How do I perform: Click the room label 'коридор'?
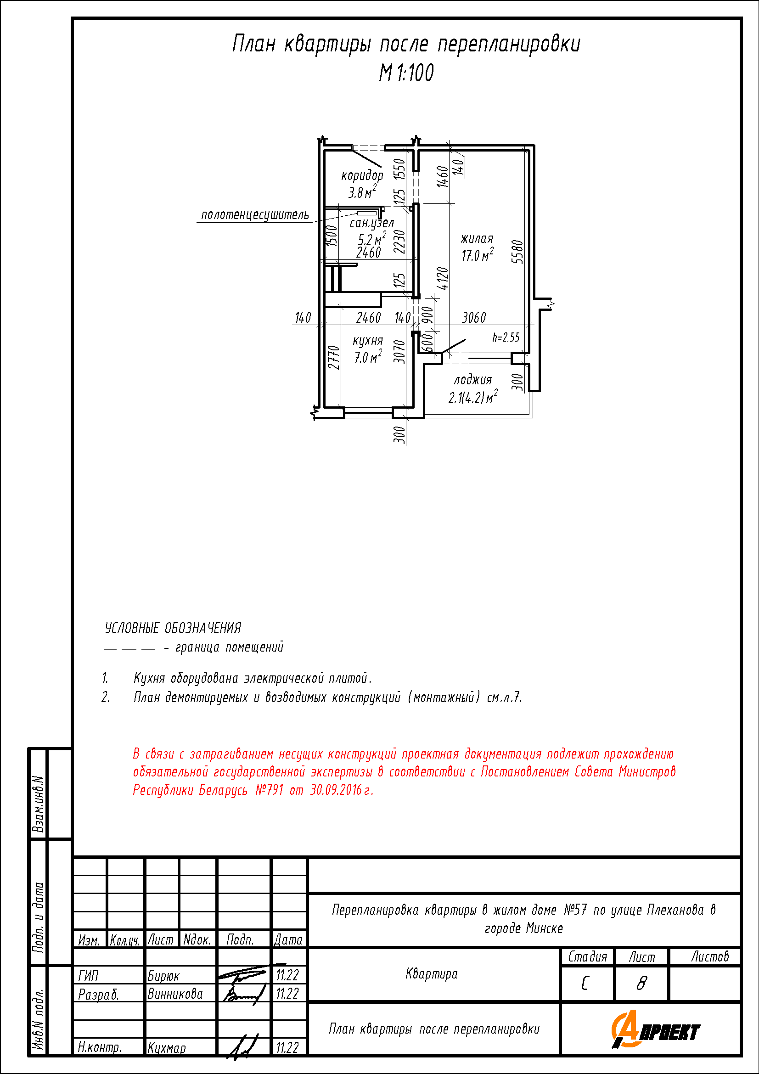362,176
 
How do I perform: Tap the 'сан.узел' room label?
372,224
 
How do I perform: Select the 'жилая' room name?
477,239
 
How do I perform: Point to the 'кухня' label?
368,341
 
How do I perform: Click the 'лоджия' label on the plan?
473,380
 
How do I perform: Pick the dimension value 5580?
517,252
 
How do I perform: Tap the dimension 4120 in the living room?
442,278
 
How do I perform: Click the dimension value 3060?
474,318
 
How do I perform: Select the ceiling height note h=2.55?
506,337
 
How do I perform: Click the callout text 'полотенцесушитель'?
255,215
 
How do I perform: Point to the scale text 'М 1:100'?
406,73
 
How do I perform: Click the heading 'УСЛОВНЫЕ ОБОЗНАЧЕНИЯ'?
173,628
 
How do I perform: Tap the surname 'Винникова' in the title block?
175,994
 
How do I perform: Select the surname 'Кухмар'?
167,1048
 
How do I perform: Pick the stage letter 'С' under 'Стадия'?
585,984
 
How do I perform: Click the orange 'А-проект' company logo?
656,1029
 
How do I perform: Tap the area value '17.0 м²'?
478,255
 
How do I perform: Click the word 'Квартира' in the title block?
431,974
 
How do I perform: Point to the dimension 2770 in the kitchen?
333,357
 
